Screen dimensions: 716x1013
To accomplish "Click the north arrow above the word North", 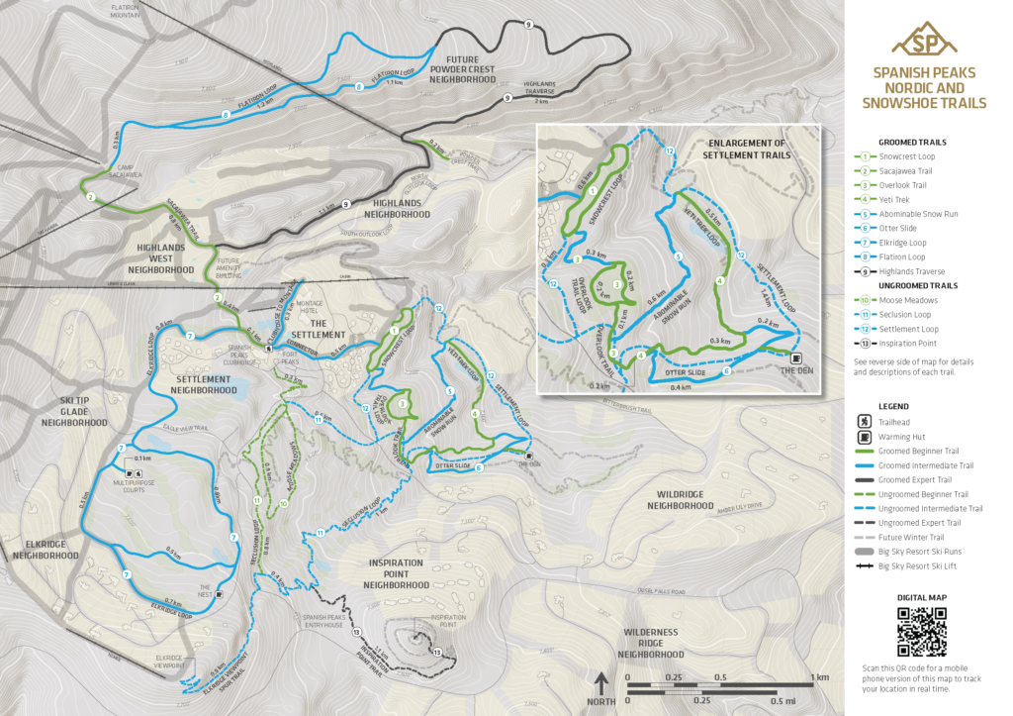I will [600, 682].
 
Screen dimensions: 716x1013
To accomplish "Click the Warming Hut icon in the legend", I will [865, 437].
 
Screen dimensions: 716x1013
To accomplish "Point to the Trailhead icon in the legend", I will [865, 422].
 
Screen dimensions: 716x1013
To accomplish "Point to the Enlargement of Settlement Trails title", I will [747, 149].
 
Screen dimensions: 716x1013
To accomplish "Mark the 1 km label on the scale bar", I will [820, 677].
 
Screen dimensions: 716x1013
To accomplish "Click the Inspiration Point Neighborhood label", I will [396, 574].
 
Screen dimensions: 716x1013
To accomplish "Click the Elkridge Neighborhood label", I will [46, 549].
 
